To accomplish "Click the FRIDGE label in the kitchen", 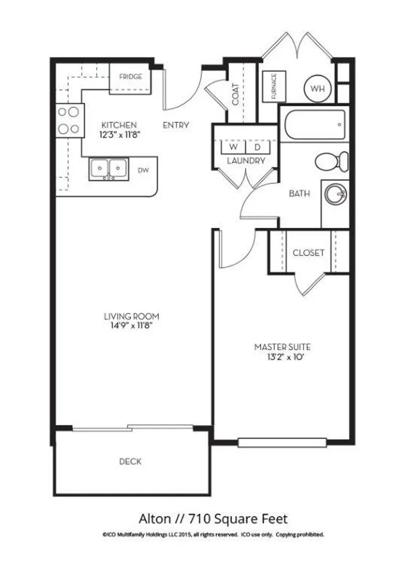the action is (131, 77).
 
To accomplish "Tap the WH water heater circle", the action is (317, 89).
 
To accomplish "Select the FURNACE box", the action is (274, 86).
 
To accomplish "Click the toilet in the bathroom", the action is (331, 161).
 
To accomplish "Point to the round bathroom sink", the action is (336, 194).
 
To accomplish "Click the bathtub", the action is (315, 125).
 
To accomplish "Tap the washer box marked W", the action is (234, 147).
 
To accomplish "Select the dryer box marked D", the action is (258, 147).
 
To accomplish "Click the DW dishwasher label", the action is (144, 170).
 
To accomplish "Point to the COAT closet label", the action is (236, 94).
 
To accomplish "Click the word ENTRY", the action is (176, 125).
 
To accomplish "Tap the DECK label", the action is (130, 461).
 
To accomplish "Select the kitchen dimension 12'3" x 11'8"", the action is (119, 135).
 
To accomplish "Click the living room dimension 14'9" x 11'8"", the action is (132, 326).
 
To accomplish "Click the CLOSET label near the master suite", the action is (308, 252).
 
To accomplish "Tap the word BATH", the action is (299, 193).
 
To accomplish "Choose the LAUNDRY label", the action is (246, 161).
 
